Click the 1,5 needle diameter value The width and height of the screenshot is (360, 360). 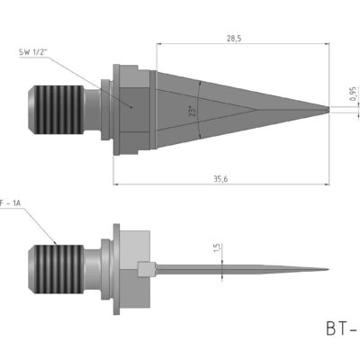tap(216, 248)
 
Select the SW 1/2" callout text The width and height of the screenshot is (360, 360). tap(34, 53)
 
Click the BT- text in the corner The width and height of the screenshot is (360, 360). tap(339, 329)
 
